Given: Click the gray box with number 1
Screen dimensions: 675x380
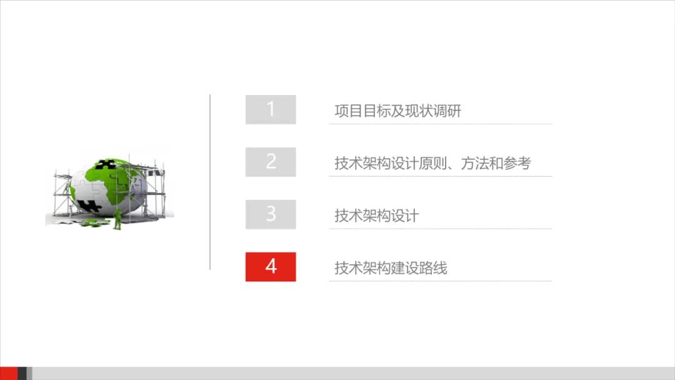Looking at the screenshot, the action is click(271, 109).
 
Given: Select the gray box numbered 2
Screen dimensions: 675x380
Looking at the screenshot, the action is click(271, 162).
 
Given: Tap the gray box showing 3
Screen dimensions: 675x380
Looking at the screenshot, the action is click(271, 214).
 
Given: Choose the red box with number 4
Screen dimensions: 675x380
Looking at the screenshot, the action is click(271, 267).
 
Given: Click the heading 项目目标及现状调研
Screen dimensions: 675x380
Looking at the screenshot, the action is click(397, 111).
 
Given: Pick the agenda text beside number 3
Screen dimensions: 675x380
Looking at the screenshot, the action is click(376, 216).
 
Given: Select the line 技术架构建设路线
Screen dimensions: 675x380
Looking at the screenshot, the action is click(391, 269).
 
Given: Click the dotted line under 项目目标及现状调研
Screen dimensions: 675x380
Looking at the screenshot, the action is click(440, 124).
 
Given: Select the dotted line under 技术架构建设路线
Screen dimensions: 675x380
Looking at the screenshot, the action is click(440, 281).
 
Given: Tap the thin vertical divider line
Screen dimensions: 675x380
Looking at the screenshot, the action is click(210, 182).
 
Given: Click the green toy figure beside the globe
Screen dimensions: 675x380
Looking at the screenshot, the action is click(117, 218).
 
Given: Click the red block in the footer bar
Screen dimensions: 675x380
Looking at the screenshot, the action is click(9, 373).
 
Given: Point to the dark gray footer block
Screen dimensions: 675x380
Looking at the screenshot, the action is click(22, 373).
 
